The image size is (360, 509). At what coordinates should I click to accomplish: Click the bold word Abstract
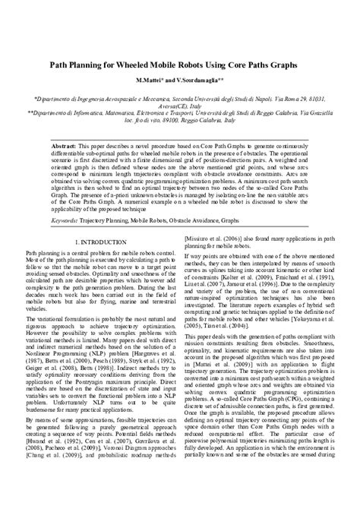(x=65, y=144)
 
